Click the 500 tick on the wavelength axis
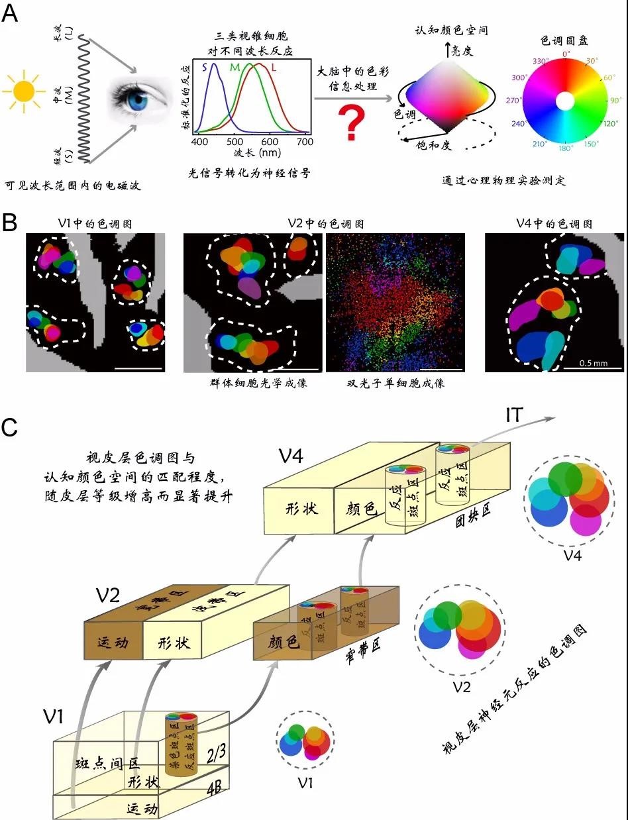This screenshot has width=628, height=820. (x=233, y=141)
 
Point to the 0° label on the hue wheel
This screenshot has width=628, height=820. (x=566, y=54)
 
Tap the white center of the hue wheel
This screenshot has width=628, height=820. (x=565, y=101)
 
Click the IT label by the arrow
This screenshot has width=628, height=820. (x=514, y=415)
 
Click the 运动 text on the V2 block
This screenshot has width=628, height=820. (x=113, y=641)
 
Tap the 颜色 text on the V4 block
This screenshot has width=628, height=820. (x=362, y=509)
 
